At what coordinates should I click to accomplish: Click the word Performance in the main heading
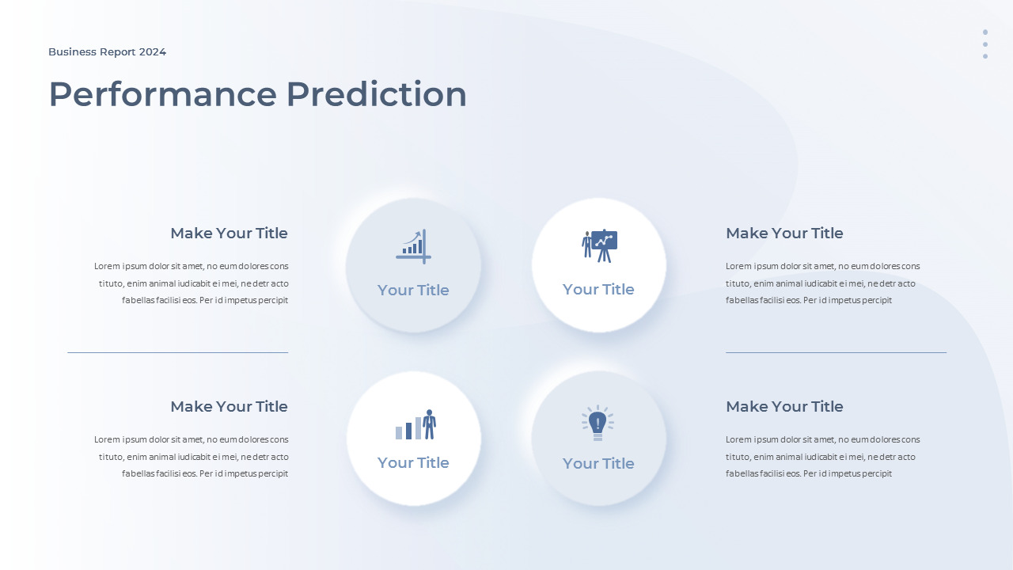(x=163, y=94)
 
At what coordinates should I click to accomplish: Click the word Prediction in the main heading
(x=376, y=94)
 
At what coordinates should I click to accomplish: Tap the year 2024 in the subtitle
(x=153, y=52)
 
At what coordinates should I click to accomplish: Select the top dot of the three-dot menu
(x=985, y=32)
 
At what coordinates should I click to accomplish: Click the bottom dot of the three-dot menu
(x=985, y=56)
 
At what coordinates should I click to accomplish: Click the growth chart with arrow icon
(x=413, y=246)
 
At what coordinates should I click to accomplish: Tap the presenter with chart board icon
(x=599, y=246)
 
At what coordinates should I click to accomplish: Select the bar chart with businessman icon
(x=415, y=424)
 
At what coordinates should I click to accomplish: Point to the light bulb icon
(x=598, y=423)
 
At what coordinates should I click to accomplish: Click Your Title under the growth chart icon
(x=413, y=290)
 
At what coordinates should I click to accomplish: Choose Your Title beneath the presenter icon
(x=598, y=289)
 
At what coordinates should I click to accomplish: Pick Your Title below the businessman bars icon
(x=413, y=463)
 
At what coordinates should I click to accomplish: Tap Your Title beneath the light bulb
(x=598, y=463)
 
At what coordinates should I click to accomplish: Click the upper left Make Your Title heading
(x=229, y=233)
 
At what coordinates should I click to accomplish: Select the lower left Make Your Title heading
(x=229, y=406)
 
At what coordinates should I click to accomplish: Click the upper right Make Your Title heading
(x=784, y=233)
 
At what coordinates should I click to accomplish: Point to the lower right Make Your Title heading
(x=784, y=406)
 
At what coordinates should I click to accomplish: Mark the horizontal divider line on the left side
(x=178, y=352)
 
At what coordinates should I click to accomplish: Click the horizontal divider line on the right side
(x=837, y=352)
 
